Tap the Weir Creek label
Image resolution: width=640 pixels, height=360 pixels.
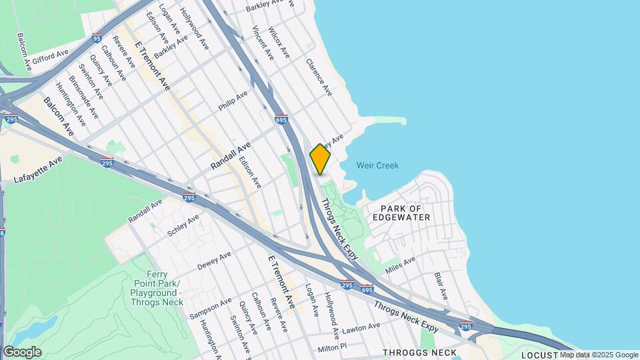377,165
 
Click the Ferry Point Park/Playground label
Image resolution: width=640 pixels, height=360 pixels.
157,289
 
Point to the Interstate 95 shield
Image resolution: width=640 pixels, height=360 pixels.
98,39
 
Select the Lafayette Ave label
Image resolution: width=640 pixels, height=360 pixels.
37,169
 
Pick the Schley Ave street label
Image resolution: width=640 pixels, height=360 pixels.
183,225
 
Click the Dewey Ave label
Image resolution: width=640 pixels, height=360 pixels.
214,260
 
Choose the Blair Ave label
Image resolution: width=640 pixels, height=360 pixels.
441,285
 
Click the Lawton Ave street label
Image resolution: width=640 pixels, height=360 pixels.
360,329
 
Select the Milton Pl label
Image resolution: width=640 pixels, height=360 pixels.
333,347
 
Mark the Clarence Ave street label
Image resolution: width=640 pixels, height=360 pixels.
319,77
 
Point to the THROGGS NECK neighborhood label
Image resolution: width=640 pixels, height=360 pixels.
420,353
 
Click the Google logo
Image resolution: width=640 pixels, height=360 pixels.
22,352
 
